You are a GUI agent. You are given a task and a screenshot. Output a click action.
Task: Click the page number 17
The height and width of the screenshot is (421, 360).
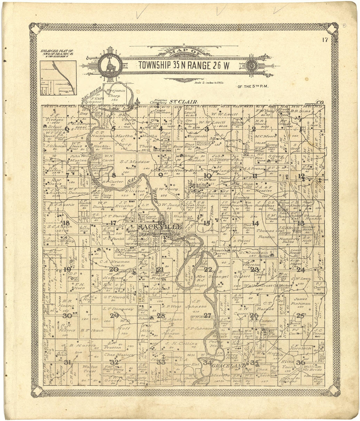(x=325, y=41)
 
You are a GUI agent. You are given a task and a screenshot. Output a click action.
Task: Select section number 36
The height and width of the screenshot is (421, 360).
(x=300, y=362)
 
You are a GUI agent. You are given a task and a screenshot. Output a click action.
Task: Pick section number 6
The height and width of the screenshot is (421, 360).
(x=67, y=129)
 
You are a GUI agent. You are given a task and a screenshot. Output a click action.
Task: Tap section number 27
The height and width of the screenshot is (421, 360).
(x=207, y=315)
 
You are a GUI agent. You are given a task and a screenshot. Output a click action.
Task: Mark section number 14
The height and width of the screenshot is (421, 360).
(x=255, y=223)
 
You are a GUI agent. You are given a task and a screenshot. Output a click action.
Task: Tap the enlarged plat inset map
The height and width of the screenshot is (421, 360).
(x=58, y=78)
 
